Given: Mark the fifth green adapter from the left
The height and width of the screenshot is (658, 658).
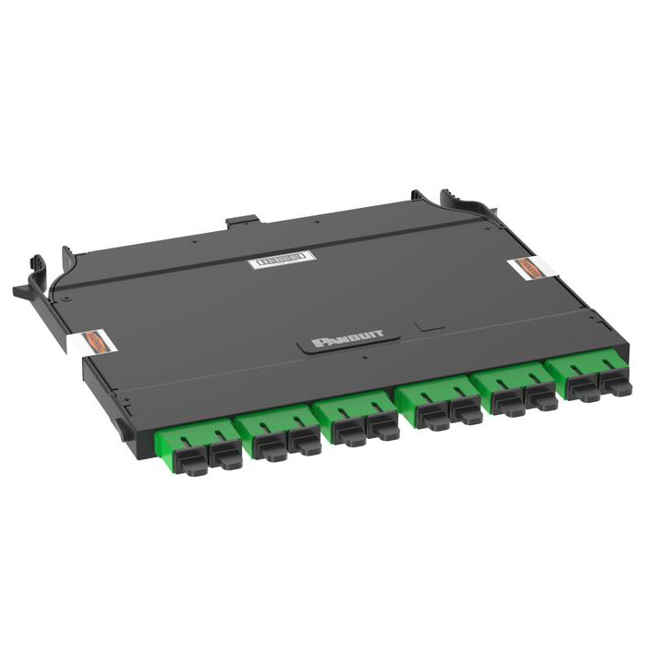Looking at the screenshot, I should point(517,389).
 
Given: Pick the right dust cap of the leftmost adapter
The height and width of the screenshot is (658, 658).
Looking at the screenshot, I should point(225,455).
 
